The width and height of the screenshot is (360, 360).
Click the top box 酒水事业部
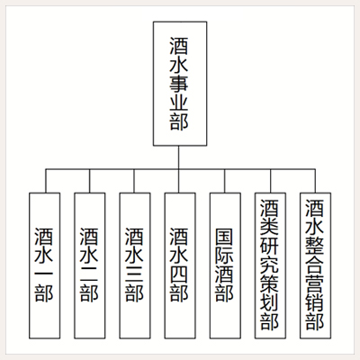(180, 84)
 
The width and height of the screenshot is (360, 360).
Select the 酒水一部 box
(45, 265)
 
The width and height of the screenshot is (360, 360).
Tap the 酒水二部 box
(90, 265)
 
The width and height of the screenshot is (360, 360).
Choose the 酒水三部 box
(135, 265)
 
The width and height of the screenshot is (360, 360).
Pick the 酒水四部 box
(180, 265)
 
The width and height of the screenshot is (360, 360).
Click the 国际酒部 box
(225, 265)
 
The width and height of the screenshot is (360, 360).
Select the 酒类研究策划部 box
(270, 265)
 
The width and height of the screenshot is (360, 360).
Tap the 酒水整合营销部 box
(316, 265)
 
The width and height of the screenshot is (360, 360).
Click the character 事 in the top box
(179, 84)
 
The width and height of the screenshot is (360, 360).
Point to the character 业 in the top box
(179, 103)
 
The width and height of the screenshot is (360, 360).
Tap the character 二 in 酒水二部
(89, 274)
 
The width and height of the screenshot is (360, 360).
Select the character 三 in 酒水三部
(134, 274)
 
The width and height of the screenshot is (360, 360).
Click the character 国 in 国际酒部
(224, 237)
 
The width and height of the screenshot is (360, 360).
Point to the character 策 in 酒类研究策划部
(270, 284)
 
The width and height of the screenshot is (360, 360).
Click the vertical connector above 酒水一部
(46, 181)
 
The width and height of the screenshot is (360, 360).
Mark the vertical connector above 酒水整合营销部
(315, 181)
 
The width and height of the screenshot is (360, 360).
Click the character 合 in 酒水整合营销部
(315, 265)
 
